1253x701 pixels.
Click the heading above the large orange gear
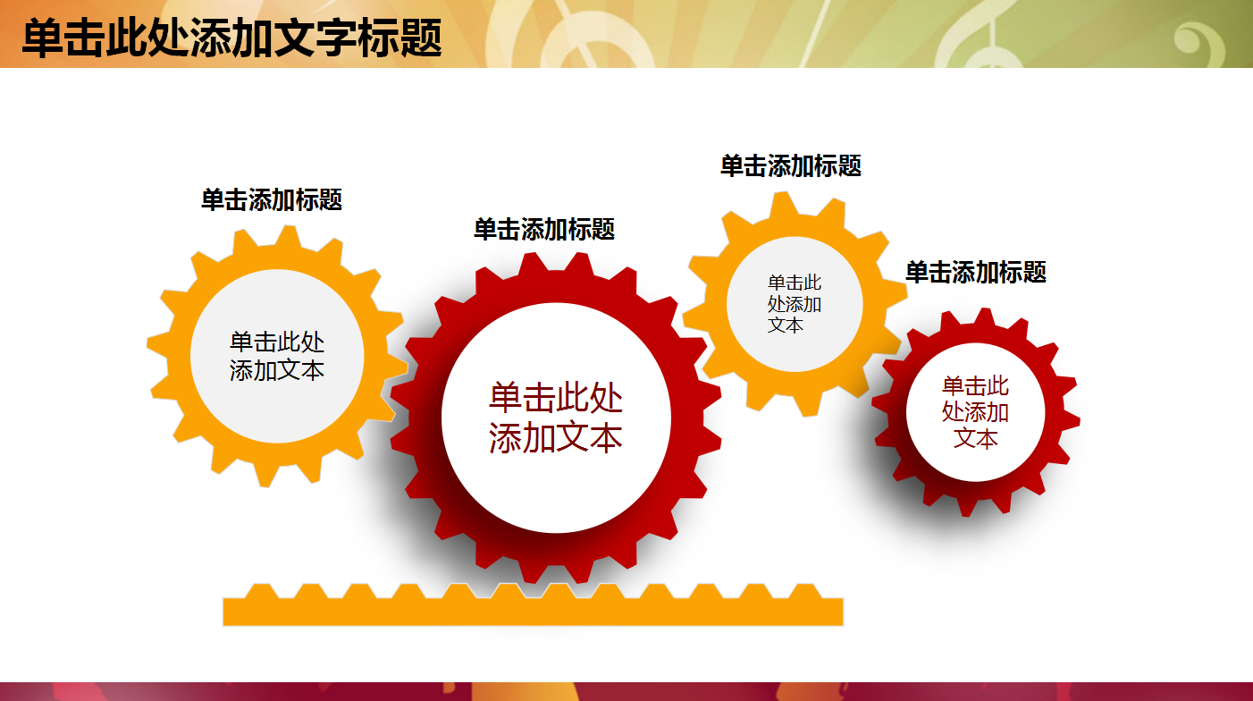click(x=272, y=199)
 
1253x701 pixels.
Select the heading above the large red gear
click(x=544, y=229)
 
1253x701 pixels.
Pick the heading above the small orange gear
click(x=791, y=165)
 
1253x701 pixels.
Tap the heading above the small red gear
click(x=976, y=272)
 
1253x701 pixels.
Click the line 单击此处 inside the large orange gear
click(x=277, y=342)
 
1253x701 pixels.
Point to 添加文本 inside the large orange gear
click(x=277, y=370)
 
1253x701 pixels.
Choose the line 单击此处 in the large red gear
click(x=556, y=397)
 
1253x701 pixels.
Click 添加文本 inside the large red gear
click(x=556, y=438)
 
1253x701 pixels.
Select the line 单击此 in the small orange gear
click(x=795, y=283)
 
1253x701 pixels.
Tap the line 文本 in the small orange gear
click(x=786, y=325)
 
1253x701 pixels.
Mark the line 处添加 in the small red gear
click(x=975, y=412)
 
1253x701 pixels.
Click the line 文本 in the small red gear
click(x=975, y=438)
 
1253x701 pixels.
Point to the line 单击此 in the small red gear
click(x=975, y=386)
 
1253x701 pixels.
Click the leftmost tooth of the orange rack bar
click(x=261, y=592)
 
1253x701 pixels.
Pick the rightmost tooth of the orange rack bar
click(x=804, y=592)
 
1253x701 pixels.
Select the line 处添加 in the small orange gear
click(x=795, y=304)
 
